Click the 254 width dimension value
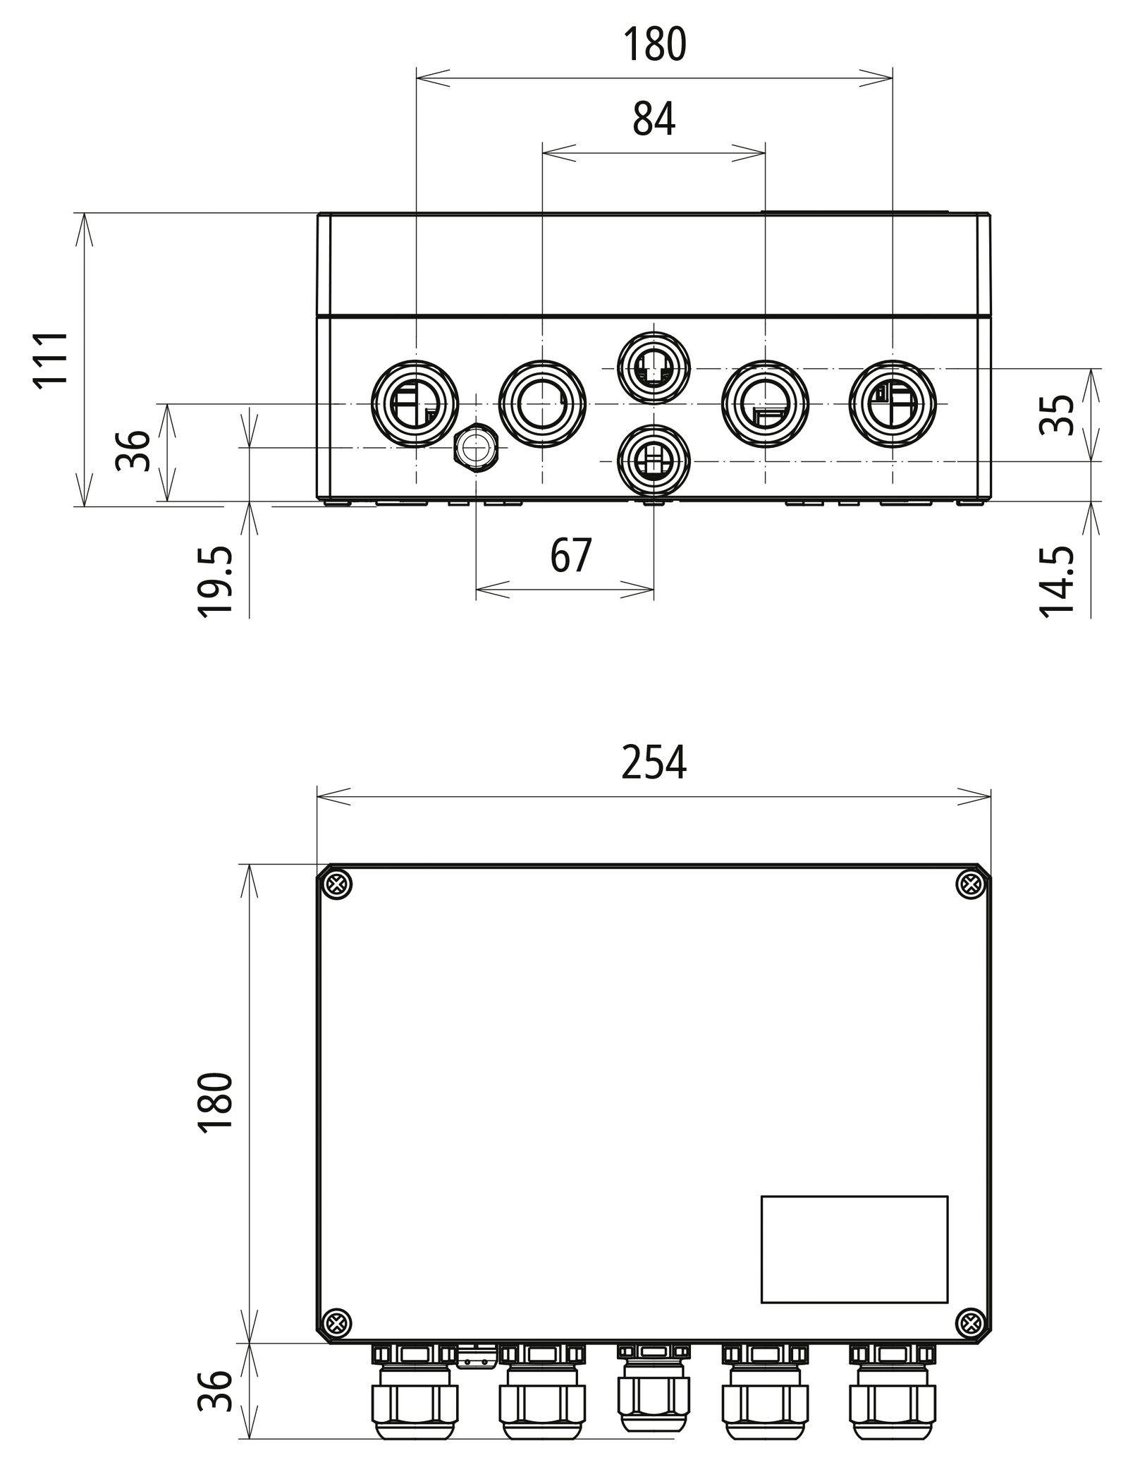(x=654, y=763)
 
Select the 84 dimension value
(x=654, y=119)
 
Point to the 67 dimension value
(x=570, y=556)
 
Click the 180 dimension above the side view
(x=654, y=44)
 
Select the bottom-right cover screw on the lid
(x=971, y=1320)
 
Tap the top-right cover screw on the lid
(x=971, y=884)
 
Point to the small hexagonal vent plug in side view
(x=477, y=447)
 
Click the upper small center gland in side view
(x=654, y=367)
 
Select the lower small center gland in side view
(x=654, y=461)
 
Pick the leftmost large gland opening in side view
(x=415, y=403)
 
